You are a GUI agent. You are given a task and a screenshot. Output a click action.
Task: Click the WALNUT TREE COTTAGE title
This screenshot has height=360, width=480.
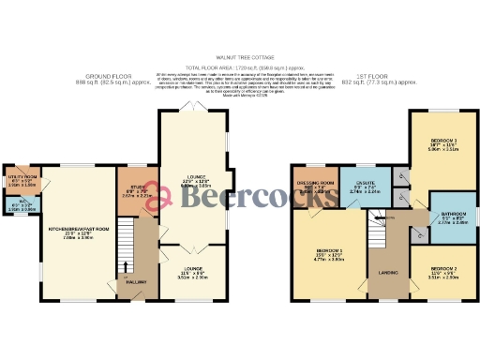tap(241, 56)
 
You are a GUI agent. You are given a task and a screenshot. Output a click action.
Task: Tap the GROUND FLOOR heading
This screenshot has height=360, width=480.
tap(107, 77)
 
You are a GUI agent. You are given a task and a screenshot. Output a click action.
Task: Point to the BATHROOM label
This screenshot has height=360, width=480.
tap(450, 219)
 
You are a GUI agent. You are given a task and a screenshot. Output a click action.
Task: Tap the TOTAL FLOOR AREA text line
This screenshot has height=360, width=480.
tap(241, 67)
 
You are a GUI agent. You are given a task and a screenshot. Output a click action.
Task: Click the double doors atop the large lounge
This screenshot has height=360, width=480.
tap(192, 111)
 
